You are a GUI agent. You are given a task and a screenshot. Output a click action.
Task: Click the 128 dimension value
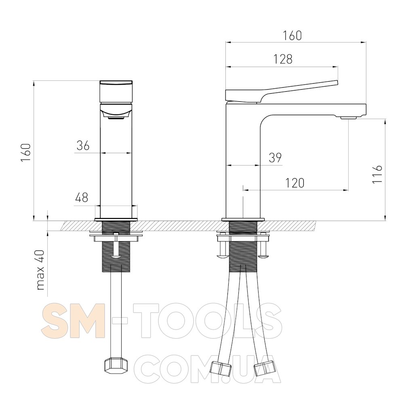(x=283, y=59)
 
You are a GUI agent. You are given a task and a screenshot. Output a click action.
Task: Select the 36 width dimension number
(x=83, y=145)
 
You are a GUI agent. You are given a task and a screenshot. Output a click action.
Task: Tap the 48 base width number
(x=82, y=198)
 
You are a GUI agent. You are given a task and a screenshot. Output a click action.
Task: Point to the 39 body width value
(x=275, y=158)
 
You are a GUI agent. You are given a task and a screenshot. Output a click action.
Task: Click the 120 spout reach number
(x=295, y=183)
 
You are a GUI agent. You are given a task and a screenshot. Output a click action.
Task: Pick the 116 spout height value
(x=377, y=174)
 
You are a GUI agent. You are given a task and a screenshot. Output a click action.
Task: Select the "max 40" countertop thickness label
(x=41, y=269)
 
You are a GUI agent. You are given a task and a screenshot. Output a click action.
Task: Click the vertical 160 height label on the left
(x=26, y=153)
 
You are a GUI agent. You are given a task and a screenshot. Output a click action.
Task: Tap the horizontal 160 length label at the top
(x=292, y=36)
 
